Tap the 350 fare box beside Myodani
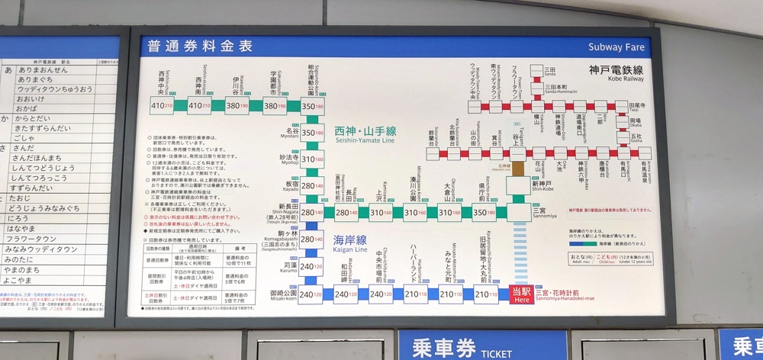pyautogui.click(x=313, y=133)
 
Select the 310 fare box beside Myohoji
pyautogui.click(x=313, y=159)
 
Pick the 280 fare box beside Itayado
pyautogui.click(x=313, y=185)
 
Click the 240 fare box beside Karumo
pyautogui.click(x=311, y=266)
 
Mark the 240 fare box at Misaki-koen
pyautogui.click(x=311, y=294)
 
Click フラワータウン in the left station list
pyautogui.click(x=38, y=238)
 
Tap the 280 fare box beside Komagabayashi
pyautogui.click(x=311, y=239)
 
